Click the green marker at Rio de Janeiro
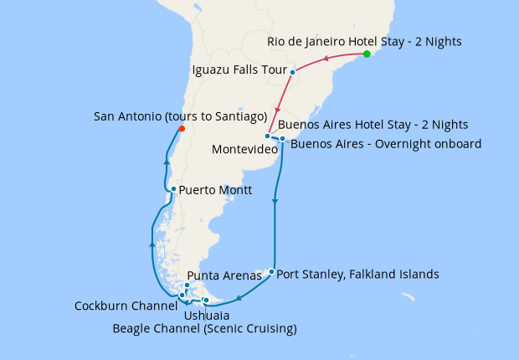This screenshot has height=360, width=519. [x=367, y=54]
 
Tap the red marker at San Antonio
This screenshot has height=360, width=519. [x=181, y=128]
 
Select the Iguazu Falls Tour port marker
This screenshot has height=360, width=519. [x=292, y=72]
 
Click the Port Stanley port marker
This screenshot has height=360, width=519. [x=271, y=271]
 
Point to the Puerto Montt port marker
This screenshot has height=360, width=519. [x=173, y=189]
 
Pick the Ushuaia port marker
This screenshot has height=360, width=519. [x=206, y=301]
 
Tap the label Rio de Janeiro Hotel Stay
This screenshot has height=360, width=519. [x=364, y=41]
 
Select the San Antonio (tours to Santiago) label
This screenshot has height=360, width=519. [x=180, y=115]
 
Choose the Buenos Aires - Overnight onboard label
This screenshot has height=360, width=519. [x=386, y=144]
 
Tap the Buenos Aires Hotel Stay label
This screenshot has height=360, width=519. [x=373, y=125]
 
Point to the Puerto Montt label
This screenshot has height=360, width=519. [x=215, y=189]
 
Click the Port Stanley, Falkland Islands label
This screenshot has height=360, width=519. [x=357, y=274]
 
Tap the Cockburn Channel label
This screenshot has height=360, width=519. [x=126, y=306]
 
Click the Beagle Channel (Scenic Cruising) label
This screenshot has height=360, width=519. [x=204, y=329]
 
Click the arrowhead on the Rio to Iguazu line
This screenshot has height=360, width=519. [x=326, y=58]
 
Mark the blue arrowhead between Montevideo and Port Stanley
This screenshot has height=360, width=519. [x=275, y=200]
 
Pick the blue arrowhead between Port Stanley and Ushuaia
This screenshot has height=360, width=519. [x=239, y=297]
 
